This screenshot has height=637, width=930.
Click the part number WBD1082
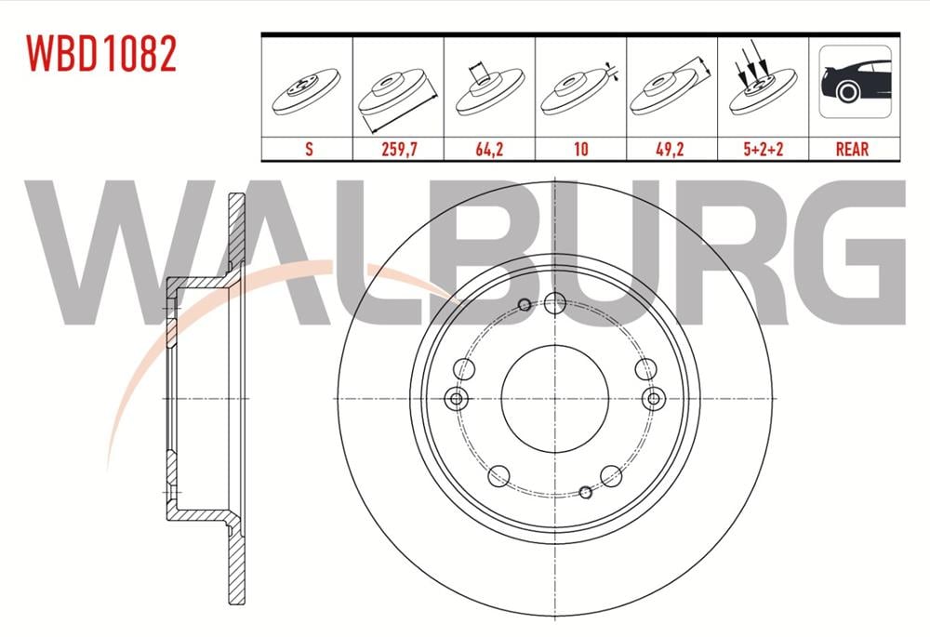(101, 54)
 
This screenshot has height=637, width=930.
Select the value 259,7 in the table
(399, 149)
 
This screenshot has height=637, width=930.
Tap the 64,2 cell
(489, 149)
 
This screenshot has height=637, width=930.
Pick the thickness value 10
(580, 149)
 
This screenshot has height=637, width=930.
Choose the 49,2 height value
(671, 149)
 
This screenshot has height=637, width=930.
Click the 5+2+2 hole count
(764, 149)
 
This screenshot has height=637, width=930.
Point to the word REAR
(852, 149)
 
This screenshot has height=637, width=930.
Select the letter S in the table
(309, 149)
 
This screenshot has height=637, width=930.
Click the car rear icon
(855, 81)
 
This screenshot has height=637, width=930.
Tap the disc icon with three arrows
(762, 80)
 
